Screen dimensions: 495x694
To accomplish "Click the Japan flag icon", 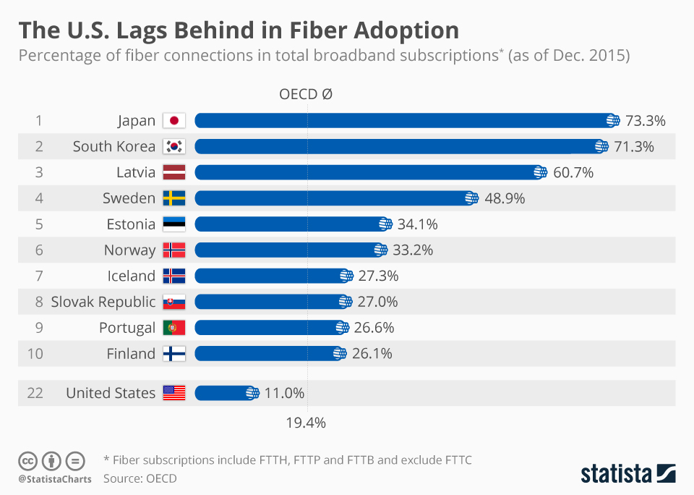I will click(x=174, y=121).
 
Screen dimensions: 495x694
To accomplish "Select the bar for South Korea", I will click(x=398, y=146).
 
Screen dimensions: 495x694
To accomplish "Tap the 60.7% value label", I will click(x=573, y=172).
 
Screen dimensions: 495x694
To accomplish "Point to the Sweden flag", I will click(x=174, y=198).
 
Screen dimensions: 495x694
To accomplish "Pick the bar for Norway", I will click(x=289, y=250).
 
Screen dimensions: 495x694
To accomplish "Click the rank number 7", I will click(x=38, y=276).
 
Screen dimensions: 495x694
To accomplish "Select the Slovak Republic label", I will click(x=103, y=302).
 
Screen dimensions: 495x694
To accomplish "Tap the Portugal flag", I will click(x=174, y=328).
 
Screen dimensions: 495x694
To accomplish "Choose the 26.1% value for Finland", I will click(x=372, y=354).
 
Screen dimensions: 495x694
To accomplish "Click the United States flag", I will click(x=174, y=393).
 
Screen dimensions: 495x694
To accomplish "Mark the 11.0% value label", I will click(x=284, y=393).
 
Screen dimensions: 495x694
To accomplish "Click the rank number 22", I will click(x=35, y=393).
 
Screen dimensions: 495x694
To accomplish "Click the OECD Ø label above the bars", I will click(x=305, y=94).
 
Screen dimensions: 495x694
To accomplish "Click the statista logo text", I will click(x=615, y=474).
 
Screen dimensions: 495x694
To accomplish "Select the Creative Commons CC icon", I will click(x=27, y=460).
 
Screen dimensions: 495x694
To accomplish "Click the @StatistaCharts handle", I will click(x=55, y=478).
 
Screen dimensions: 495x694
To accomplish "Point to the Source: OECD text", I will click(x=140, y=478).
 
